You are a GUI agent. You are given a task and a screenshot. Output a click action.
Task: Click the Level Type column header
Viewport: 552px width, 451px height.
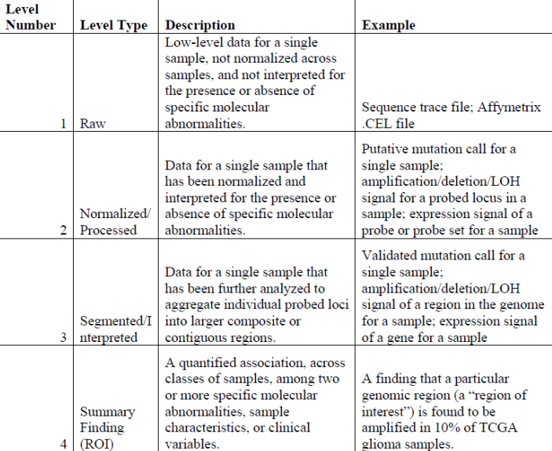113,25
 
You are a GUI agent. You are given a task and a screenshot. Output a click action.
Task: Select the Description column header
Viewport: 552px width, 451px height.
200,25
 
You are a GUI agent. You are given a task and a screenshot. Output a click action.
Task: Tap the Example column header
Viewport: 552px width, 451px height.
389,25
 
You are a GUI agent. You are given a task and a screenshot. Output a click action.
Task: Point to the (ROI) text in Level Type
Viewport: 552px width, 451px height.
97,443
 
